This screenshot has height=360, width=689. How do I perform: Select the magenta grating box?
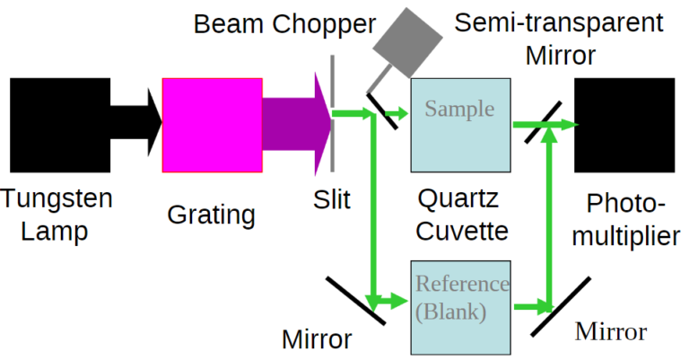click(212, 124)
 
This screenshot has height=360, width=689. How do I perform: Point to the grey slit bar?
click(333, 115)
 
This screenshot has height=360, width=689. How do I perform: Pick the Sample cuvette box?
click(459, 125)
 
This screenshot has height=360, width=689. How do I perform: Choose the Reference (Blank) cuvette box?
click(460, 306)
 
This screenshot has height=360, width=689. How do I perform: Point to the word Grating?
click(211, 215)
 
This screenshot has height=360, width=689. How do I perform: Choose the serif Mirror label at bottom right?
click(610, 332)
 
